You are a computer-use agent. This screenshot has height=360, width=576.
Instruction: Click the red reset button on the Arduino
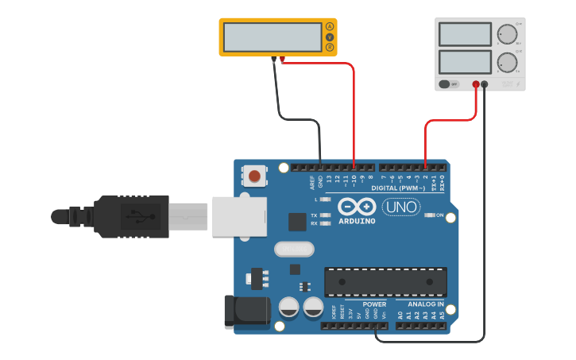click(254, 176)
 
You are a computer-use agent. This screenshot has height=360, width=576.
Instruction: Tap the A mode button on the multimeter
click(330, 28)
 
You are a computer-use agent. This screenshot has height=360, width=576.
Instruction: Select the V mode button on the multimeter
click(330, 37)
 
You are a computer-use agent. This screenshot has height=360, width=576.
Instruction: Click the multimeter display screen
click(272, 37)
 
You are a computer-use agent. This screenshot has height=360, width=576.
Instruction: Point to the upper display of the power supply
click(465, 34)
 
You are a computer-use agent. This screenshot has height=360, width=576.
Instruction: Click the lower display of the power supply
click(465, 62)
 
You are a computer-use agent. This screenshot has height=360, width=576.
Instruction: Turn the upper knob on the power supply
click(506, 34)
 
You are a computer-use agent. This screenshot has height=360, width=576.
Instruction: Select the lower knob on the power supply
click(506, 62)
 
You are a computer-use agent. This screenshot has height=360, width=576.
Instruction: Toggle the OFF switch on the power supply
click(450, 83)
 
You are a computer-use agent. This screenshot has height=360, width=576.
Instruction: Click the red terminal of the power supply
click(476, 83)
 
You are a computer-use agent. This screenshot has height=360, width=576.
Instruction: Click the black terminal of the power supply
click(485, 83)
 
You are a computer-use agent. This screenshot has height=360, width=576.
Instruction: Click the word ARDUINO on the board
click(357, 221)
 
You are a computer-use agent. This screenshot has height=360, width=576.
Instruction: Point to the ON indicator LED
click(429, 215)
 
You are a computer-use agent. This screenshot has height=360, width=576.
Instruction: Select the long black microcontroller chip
click(385, 282)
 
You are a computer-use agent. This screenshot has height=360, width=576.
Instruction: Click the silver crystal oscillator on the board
click(294, 250)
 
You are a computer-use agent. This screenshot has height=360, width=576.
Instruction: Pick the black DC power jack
click(246, 312)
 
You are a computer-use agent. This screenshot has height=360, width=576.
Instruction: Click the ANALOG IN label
click(426, 304)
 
